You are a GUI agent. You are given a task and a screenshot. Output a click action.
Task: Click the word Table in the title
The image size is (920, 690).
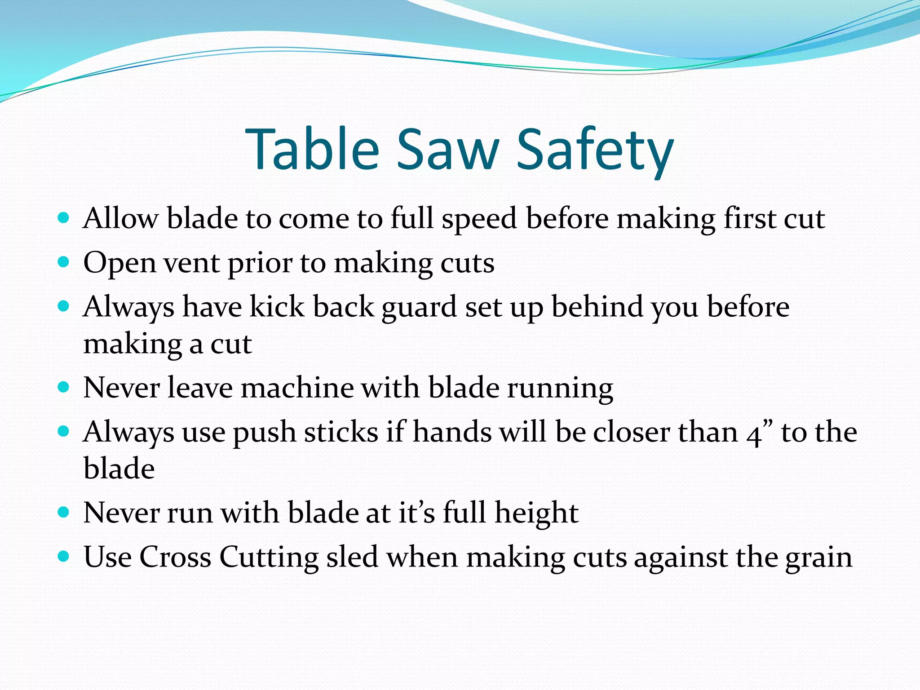pyautogui.click(x=313, y=149)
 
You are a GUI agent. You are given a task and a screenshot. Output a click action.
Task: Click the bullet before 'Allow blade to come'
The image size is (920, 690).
pyautogui.click(x=64, y=218)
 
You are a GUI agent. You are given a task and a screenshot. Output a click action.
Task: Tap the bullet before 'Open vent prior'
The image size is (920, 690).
pyautogui.click(x=64, y=262)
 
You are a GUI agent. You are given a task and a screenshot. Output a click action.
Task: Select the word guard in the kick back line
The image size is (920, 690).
pyautogui.click(x=419, y=308)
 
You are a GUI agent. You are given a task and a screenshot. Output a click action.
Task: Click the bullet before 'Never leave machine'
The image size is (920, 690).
pyautogui.click(x=64, y=387)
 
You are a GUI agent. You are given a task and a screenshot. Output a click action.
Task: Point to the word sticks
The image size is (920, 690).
pyautogui.click(x=341, y=432)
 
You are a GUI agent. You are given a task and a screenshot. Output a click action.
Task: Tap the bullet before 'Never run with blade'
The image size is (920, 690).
pyautogui.click(x=64, y=512)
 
